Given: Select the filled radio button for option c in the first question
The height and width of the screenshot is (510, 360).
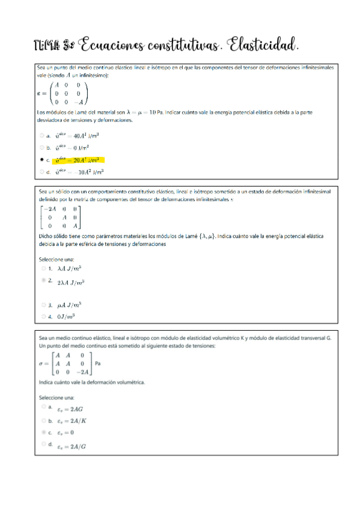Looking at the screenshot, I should pyautogui.click(x=41, y=161).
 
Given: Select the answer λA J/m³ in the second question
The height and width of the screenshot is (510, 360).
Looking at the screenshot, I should pyautogui.click(x=69, y=269).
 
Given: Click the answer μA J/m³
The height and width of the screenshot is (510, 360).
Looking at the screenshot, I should pyautogui.click(x=69, y=305).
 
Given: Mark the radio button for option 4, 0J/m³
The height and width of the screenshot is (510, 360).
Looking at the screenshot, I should pyautogui.click(x=43, y=316).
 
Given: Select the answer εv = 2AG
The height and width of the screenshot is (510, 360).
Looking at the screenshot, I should pyautogui.click(x=70, y=408).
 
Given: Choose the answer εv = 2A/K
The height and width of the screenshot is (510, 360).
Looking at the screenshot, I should pyautogui.click(x=71, y=420).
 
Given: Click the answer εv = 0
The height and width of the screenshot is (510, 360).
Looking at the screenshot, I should pyautogui.click(x=66, y=432).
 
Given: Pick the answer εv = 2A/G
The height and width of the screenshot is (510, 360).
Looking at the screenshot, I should pyautogui.click(x=71, y=446).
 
